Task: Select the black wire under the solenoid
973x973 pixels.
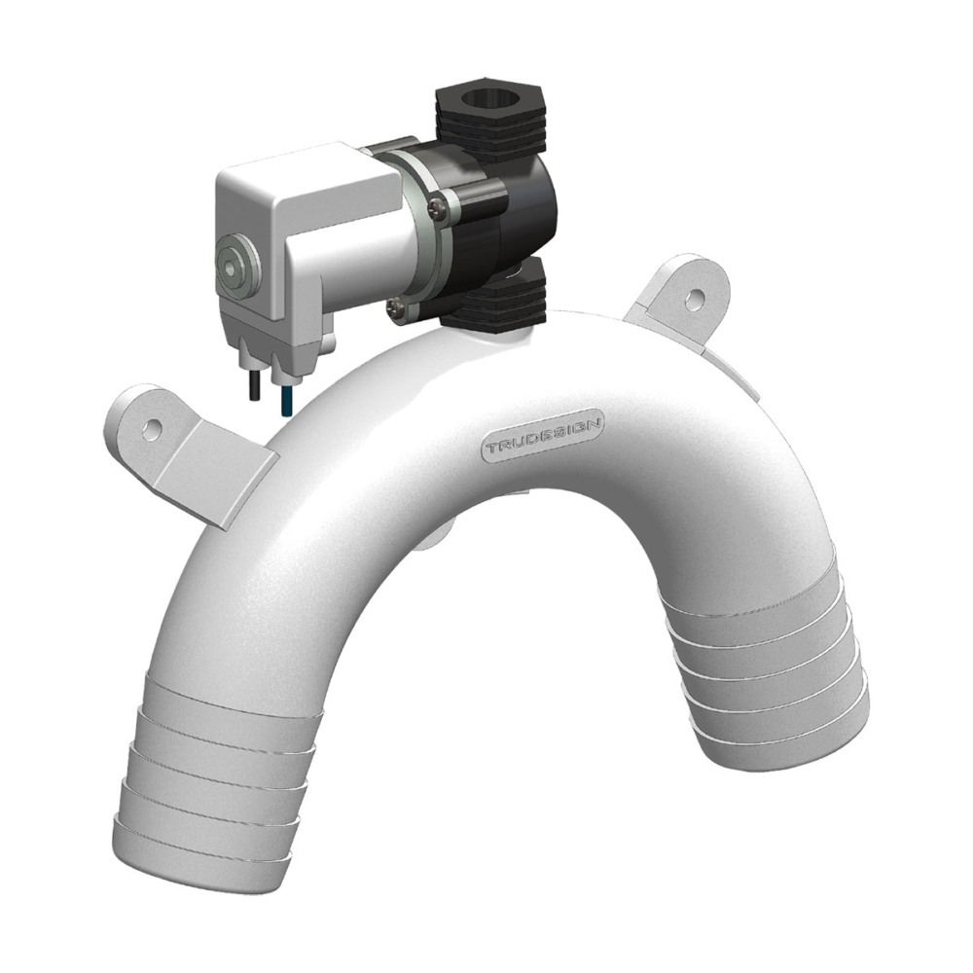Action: [x=252, y=385]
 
